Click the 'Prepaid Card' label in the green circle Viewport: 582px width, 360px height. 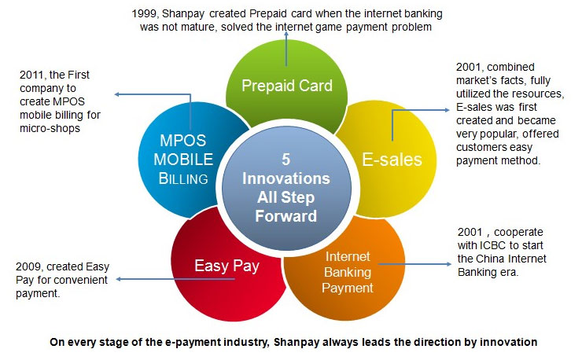click(287, 86)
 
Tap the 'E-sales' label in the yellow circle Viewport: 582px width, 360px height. click(392, 160)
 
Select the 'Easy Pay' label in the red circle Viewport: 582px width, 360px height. click(227, 266)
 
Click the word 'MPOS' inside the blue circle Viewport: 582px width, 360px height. click(182, 141)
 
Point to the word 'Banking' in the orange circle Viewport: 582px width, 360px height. click(348, 273)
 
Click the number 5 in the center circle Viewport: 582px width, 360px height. click(285, 160)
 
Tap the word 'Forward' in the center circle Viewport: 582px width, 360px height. click(285, 216)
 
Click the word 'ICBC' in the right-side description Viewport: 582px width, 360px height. click(493, 245)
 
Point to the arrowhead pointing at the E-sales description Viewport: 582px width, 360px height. click(448, 110)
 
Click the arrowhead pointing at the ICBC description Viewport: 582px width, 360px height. click(449, 264)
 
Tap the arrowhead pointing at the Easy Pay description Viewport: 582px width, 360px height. click(119, 279)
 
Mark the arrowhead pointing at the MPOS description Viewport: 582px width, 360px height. click(116, 94)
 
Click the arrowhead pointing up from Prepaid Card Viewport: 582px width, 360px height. click(286, 34)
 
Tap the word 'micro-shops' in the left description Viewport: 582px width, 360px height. click(50, 128)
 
